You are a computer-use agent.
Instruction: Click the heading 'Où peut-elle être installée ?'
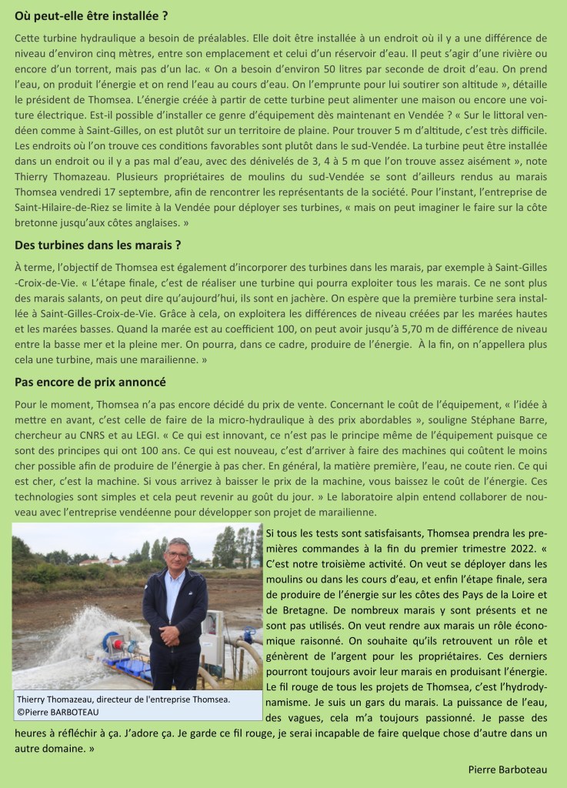(91, 15)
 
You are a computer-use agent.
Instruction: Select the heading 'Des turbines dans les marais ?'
(98, 245)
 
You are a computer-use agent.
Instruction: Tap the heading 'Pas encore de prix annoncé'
(91, 382)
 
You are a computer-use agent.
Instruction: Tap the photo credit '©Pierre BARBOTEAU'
(59, 712)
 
